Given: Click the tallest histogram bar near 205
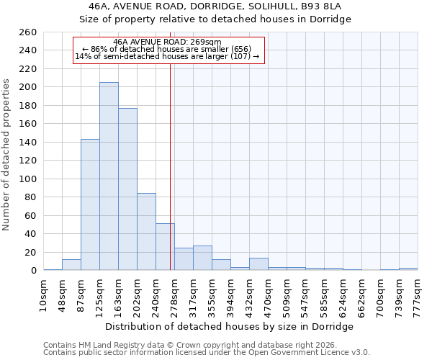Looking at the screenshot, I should pos(109,176).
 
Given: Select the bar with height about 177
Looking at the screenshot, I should pos(127,189).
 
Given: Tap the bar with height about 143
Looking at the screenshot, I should pos(90,204).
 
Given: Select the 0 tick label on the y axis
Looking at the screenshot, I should pos(33,271).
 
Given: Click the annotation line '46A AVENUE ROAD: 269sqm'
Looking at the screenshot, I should pos(167,42).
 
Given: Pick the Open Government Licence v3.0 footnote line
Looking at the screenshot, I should pos(207,352).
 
